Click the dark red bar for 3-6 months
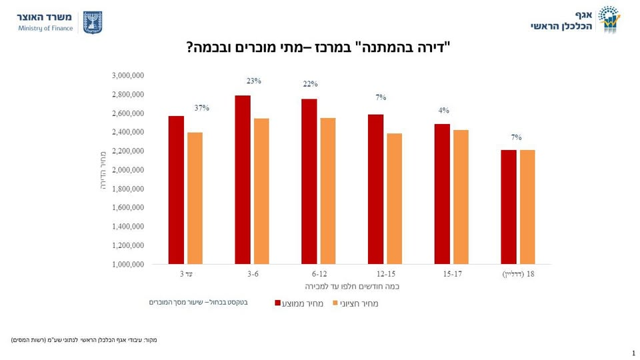click(243, 180)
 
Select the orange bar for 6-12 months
click(327, 191)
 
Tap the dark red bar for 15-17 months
click(442, 194)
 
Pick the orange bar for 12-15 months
click(394, 199)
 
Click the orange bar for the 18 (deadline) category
click(527, 207)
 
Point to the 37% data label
click(202, 107)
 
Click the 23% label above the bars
click(253, 81)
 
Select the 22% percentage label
click(311, 84)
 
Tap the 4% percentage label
click(444, 111)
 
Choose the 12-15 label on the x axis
click(385, 274)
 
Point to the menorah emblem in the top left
click(93, 22)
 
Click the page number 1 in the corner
click(633, 353)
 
